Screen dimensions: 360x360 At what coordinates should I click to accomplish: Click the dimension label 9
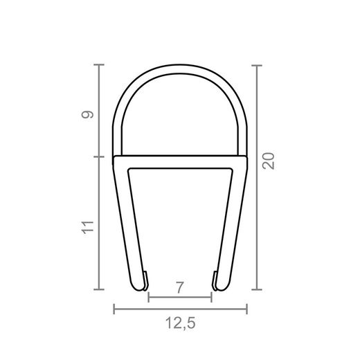tap(87, 114)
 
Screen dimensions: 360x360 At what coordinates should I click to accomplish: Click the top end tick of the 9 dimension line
tap(100, 65)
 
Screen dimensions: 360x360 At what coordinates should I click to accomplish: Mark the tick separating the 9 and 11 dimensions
tap(100, 156)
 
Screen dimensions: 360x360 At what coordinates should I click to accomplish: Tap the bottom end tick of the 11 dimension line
tap(100, 289)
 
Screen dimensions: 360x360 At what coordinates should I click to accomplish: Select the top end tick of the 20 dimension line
tap(258, 65)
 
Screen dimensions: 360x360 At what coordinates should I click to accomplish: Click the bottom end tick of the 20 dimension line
tap(258, 289)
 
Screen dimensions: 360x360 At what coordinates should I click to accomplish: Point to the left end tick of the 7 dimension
tap(149, 299)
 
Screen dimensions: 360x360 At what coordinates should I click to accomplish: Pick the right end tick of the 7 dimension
tap(210, 299)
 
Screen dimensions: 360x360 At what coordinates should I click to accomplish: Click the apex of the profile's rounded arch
tap(180, 69)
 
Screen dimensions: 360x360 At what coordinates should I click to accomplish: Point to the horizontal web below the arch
tap(180, 161)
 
